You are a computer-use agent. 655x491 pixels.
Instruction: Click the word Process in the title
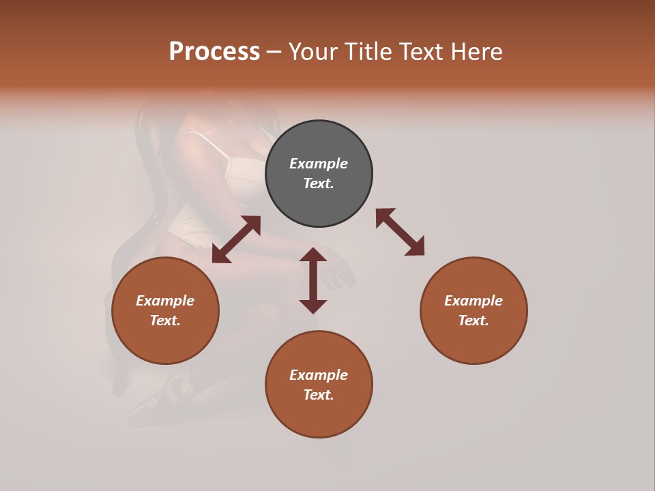(x=214, y=52)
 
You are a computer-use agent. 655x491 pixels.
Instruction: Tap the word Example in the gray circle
(x=319, y=164)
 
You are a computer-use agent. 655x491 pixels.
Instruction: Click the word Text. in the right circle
(x=474, y=321)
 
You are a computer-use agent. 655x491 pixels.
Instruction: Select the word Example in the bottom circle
(x=319, y=375)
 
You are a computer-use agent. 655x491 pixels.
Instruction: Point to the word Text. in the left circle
(x=165, y=321)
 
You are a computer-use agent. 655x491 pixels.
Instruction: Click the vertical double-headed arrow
(x=313, y=280)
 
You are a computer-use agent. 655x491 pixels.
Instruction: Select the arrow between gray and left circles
(x=236, y=239)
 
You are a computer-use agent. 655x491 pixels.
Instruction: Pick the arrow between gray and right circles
(x=400, y=232)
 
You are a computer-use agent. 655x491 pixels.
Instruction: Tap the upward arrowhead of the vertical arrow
(x=313, y=255)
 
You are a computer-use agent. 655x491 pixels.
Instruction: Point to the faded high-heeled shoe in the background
(x=154, y=402)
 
